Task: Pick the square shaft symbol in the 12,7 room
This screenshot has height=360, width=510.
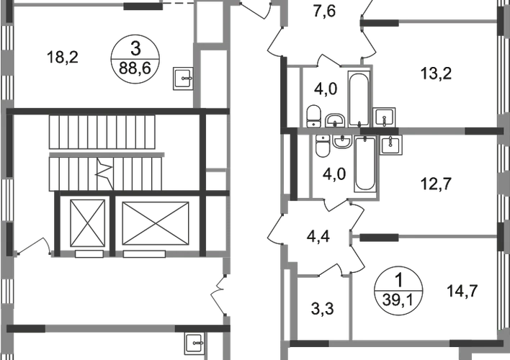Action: [x=393, y=146]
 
